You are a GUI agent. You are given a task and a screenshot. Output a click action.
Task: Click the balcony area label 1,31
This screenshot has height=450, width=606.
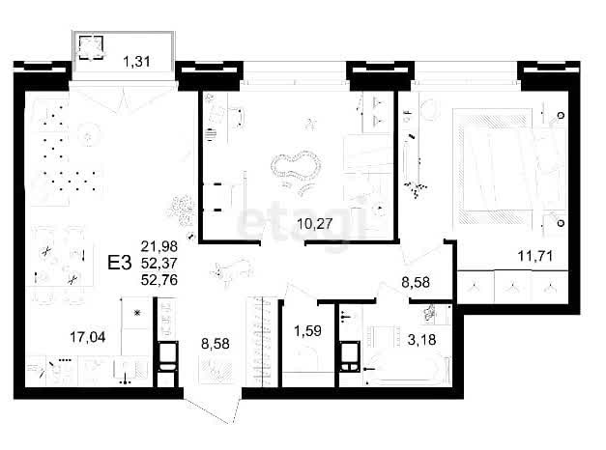point(136,62)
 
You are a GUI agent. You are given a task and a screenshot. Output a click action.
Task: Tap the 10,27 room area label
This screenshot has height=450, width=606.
point(314,224)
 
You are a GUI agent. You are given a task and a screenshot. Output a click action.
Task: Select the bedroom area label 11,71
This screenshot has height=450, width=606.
point(534,256)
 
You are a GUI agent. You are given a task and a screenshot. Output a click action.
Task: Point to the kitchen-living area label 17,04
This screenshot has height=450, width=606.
point(88,337)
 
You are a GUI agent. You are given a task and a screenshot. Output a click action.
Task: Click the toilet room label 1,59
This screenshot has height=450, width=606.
point(307,331)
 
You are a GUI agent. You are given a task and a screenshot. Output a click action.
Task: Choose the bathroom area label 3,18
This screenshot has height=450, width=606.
point(421,340)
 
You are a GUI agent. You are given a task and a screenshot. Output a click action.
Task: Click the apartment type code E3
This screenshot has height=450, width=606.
point(120,263)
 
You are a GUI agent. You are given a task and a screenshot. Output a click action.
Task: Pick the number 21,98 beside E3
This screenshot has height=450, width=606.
point(159,246)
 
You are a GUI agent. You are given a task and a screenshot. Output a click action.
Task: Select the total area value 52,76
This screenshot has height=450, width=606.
point(159,280)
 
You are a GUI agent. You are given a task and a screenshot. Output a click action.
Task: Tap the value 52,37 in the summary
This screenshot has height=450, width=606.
point(159,263)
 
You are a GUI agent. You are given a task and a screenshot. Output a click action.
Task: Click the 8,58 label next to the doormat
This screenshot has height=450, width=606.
point(216,344)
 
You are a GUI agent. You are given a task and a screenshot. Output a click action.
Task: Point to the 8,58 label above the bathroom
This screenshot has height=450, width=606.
point(416,282)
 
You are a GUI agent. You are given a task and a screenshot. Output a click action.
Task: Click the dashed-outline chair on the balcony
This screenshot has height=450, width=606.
point(91,47)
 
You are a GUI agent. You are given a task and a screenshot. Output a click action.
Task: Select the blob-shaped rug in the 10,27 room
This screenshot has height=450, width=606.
point(297,166)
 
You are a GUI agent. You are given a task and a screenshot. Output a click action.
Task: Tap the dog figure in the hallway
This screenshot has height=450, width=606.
point(232,270)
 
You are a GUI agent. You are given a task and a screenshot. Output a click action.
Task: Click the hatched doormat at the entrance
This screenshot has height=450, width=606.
point(216,369)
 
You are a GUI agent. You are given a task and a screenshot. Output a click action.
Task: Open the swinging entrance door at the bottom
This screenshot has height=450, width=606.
point(213,410)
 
